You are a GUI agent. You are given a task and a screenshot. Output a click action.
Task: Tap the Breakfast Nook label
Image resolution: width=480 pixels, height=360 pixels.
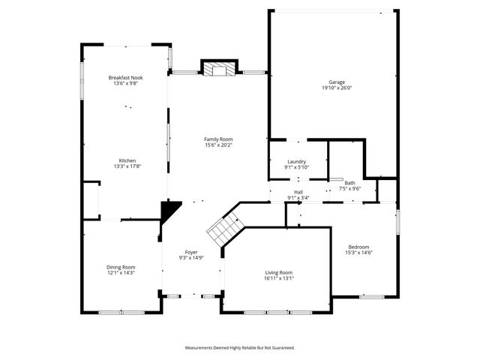pyautogui.click(x=124, y=77)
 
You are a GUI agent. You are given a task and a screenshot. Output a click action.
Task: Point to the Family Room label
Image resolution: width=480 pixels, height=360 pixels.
pyautogui.click(x=219, y=139)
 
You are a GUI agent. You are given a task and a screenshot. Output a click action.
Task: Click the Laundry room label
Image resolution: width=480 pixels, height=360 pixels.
pyautogui.click(x=296, y=162)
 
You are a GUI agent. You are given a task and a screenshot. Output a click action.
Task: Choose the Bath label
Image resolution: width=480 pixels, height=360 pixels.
pyautogui.click(x=349, y=183)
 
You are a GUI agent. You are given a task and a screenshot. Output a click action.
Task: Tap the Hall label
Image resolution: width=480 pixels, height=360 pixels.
pyautogui.click(x=298, y=193)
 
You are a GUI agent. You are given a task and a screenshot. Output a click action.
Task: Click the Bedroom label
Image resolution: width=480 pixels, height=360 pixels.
pyautogui.click(x=358, y=247)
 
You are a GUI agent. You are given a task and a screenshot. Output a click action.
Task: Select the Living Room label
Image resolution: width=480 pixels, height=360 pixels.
pyautogui.click(x=278, y=272)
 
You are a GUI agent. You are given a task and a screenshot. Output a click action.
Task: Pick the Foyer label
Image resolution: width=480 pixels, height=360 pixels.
pyautogui.click(x=192, y=253)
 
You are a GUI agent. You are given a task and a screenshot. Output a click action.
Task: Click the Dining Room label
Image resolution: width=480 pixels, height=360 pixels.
pyautogui.click(x=120, y=267)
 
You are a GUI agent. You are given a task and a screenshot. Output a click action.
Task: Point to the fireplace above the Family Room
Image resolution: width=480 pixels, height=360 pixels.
pyautogui.click(x=219, y=69)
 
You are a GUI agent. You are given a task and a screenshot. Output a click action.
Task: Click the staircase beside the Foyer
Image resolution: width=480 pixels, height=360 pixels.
pyautogui.click(x=224, y=229)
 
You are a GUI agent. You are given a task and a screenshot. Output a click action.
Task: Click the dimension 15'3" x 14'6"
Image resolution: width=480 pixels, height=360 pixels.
pyautogui.click(x=358, y=253)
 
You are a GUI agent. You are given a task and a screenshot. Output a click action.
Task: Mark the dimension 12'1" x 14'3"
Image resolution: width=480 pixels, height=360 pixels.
pyautogui.click(x=120, y=273)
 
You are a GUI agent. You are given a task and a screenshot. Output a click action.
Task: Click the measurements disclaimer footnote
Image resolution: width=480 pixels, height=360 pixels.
pyautogui.click(x=240, y=347)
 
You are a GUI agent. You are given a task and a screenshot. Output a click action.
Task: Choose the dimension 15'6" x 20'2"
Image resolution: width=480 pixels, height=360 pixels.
pyautogui.click(x=219, y=145)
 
